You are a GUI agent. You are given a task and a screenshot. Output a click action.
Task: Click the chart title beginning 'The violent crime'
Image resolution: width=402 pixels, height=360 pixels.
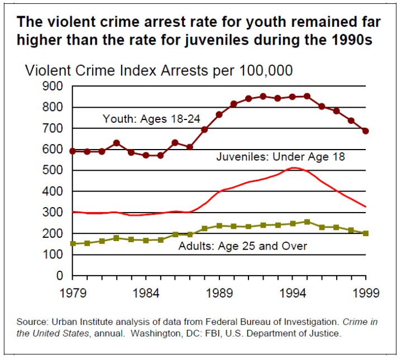[198, 32]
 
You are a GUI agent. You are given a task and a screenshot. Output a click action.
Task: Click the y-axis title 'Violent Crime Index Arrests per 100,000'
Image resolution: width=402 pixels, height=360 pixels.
[159, 71]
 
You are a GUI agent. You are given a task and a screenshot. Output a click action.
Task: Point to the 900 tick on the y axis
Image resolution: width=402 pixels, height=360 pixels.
[54, 86]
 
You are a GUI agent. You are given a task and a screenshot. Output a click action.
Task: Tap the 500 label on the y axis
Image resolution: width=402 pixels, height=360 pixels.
[54, 170]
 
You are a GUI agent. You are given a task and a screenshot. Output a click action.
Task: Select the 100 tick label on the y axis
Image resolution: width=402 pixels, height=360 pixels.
[54, 255]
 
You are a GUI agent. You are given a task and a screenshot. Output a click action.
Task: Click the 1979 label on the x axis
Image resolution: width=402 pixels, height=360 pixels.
[72, 292]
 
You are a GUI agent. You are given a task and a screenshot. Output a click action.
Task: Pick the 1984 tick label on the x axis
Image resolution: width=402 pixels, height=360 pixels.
[146, 292]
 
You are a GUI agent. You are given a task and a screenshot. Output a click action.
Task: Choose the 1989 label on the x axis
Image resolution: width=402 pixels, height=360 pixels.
[219, 292]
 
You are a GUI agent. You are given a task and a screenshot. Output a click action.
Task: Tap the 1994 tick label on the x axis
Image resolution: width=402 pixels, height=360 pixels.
[293, 292]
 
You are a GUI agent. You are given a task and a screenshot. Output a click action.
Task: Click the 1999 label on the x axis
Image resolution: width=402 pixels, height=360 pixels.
[366, 292]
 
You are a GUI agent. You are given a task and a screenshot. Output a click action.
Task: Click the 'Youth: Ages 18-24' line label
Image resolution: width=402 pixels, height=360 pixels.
[151, 118]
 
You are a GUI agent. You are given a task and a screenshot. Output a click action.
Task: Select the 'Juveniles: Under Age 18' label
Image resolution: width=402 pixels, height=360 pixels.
[281, 157]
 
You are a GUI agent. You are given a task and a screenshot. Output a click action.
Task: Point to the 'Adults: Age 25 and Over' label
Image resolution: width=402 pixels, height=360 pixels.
[242, 246]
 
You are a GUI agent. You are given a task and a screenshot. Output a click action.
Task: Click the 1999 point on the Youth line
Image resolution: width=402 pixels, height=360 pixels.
[366, 131]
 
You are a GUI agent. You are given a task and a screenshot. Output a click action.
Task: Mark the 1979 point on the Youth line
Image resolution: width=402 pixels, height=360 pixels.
[73, 151]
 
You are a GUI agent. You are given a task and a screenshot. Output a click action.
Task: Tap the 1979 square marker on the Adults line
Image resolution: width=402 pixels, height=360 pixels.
[73, 244]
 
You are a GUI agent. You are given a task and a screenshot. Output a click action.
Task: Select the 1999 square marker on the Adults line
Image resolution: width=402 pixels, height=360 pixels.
[366, 233]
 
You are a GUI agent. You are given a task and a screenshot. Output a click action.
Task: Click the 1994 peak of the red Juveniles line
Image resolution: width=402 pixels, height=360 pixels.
[293, 167]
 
